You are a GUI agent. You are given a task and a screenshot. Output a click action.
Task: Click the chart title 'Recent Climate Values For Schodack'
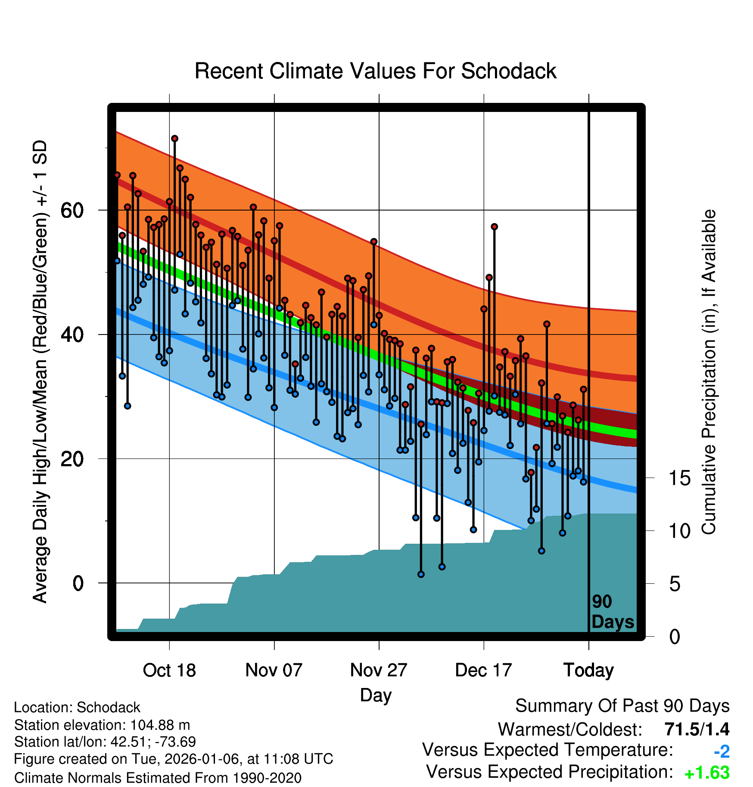375,71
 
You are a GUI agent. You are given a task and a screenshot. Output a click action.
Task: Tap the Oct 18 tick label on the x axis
169,670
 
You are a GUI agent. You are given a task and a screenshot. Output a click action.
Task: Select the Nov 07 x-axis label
274,670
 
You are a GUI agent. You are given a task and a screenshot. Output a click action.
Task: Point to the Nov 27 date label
379,670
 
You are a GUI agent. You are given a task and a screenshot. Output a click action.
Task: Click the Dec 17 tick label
483,670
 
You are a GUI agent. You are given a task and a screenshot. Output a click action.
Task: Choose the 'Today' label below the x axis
588,670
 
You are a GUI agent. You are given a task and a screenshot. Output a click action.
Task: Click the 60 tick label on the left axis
72,211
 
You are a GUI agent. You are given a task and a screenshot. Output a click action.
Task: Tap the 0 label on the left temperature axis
78,583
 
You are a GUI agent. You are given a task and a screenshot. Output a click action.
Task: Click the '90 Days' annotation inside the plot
612,612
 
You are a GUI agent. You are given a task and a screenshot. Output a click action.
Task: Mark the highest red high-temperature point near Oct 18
174,139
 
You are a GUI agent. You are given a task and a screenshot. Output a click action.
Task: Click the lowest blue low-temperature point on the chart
421,574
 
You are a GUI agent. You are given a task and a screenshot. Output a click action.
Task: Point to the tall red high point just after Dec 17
494,227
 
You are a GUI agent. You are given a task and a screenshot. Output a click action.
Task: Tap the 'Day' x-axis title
376,695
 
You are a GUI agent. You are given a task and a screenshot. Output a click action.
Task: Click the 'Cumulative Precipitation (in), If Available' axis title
709,372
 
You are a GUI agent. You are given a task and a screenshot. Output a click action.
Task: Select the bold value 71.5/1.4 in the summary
697,729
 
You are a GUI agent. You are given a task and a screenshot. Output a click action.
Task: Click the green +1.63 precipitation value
707,773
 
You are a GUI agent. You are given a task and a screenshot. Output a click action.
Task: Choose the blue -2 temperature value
722,752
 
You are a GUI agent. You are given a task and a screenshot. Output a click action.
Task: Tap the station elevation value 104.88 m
160,725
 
